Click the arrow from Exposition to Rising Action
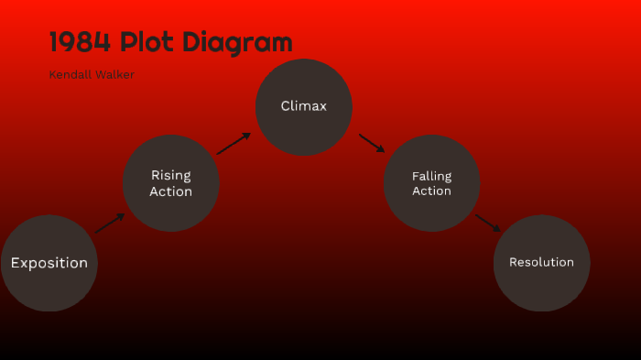pos(110,224)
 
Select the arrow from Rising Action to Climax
pos(234,143)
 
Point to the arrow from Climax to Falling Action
pos(372,143)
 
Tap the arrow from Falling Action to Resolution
pos(488,223)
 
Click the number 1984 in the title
pos(80,42)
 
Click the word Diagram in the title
pos(236,42)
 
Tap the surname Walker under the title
pos(114,74)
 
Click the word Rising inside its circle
pos(171,175)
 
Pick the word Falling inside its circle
pos(431,176)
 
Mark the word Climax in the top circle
pos(303,106)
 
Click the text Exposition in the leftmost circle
pos(49,263)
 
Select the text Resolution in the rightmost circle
pos(541,262)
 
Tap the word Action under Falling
pos(431,191)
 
